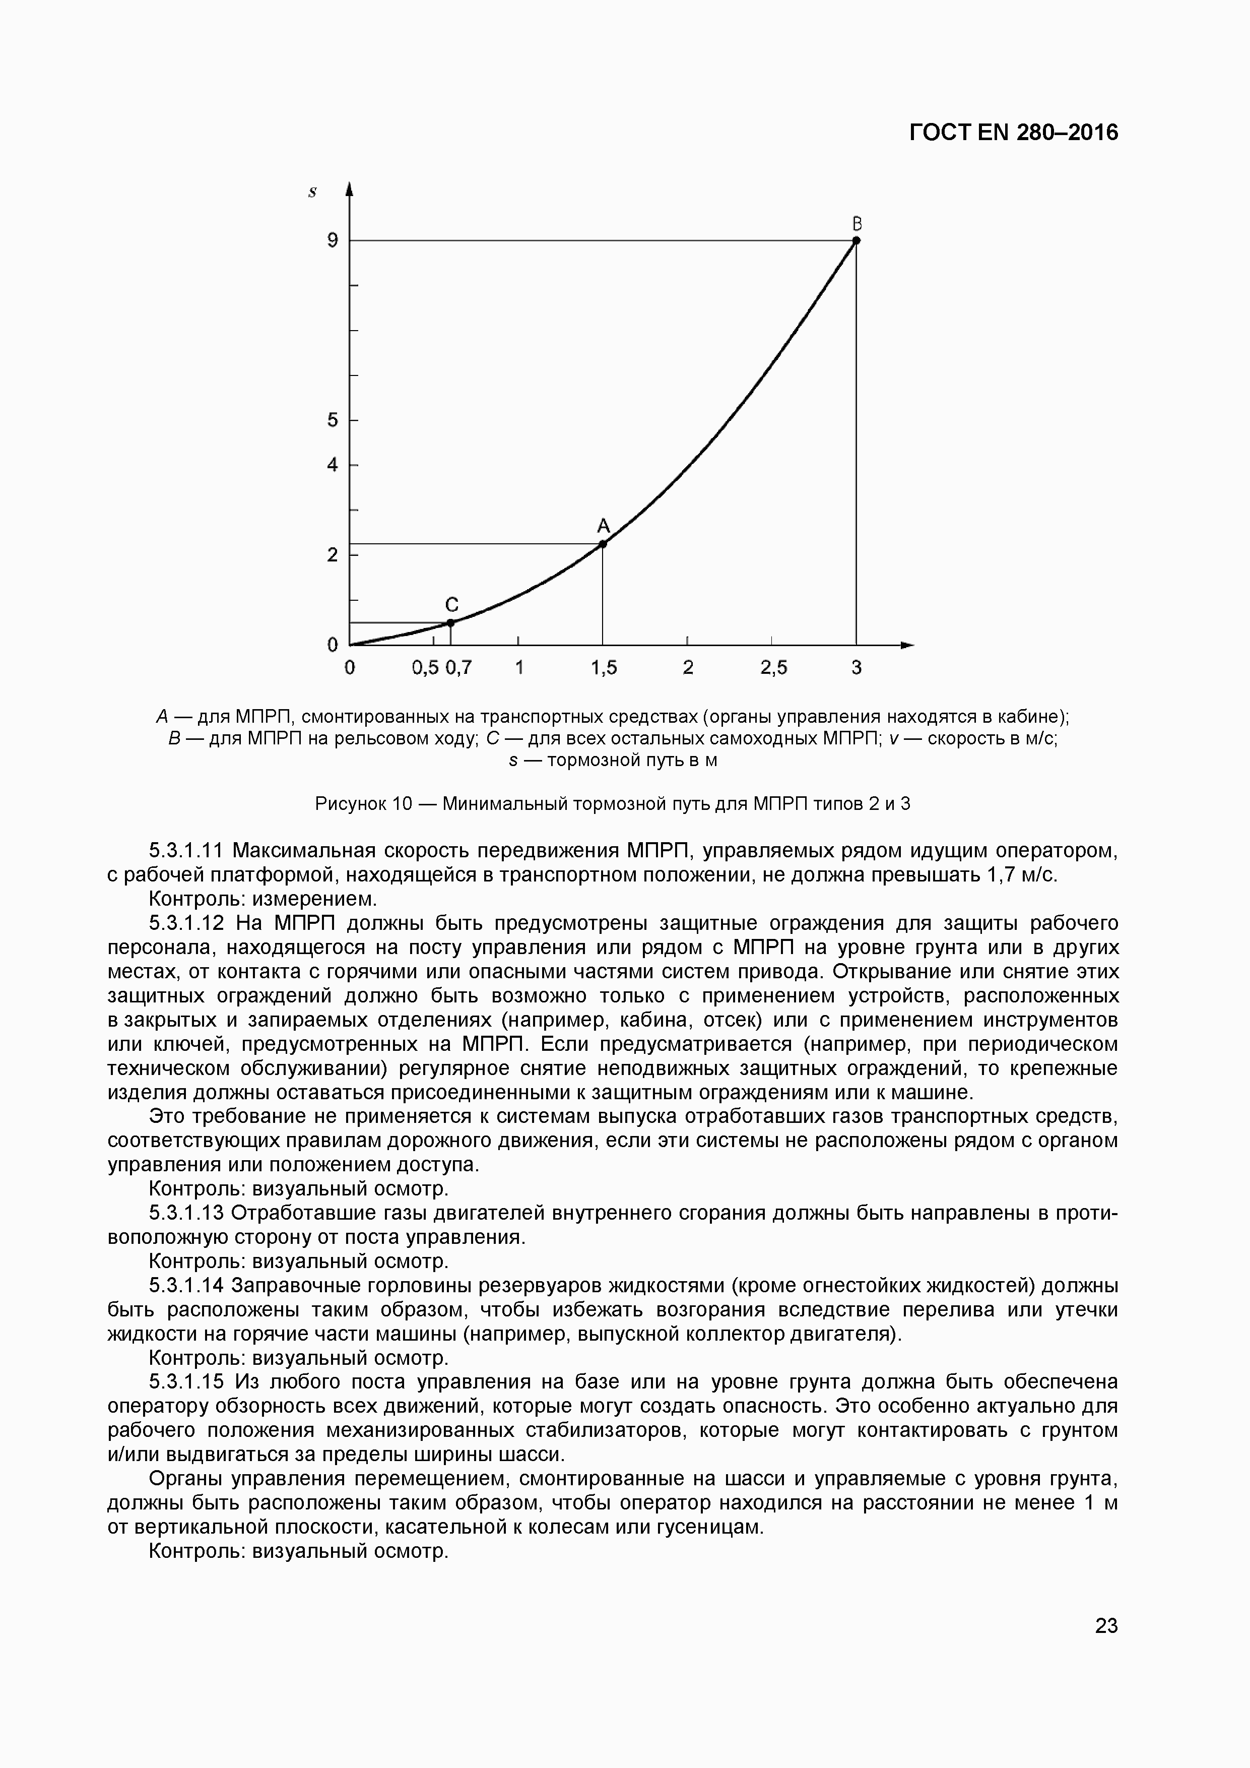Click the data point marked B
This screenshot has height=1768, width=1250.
pos(856,240)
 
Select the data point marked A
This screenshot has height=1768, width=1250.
pos(603,544)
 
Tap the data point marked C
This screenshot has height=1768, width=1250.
pos(451,622)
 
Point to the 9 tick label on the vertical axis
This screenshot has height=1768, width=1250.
pos(333,240)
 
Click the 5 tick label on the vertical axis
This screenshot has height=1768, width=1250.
pos(333,420)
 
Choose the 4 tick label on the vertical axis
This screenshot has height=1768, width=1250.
pos(333,465)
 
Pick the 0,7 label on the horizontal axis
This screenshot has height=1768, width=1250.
pos(459,668)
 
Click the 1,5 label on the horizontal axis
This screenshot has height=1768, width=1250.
pos(604,668)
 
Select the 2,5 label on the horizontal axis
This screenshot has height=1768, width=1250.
pos(773,668)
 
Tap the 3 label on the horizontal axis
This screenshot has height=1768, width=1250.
pos(857,668)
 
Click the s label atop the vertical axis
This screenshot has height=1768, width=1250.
pos(312,193)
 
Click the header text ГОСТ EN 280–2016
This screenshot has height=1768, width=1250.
pos(1013,133)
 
